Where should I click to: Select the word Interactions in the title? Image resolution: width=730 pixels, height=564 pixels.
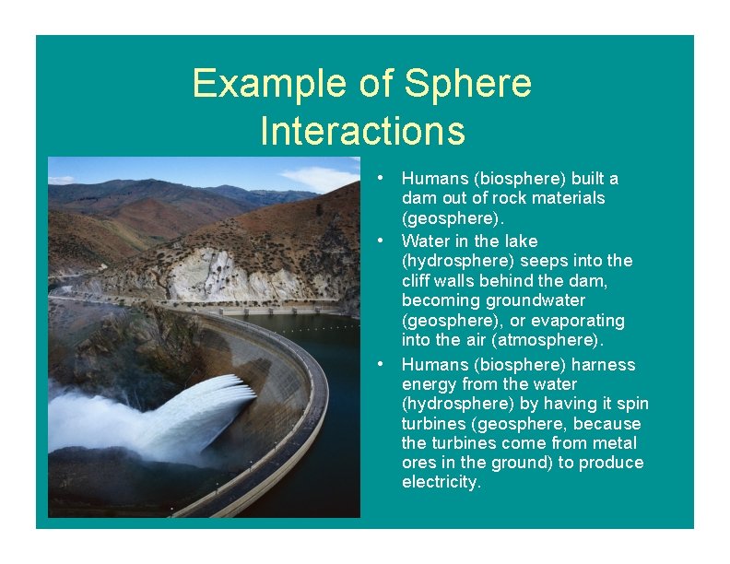tap(362, 130)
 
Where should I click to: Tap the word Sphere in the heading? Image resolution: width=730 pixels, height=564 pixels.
tap(468, 84)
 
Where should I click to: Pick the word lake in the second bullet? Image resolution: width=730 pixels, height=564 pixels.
tap(521, 241)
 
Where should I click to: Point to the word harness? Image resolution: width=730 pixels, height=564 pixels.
tap(604, 364)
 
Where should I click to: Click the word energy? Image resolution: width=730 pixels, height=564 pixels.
tap(429, 384)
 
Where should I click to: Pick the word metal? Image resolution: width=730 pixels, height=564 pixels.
tap(614, 443)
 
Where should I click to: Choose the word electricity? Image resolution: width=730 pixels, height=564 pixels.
tap(442, 482)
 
